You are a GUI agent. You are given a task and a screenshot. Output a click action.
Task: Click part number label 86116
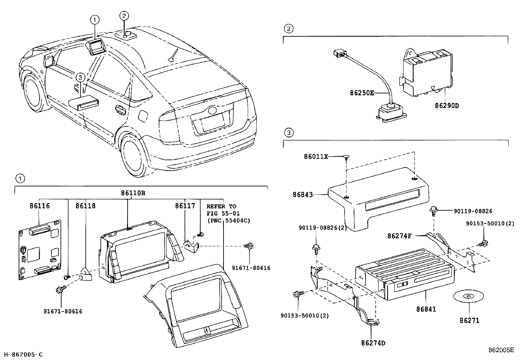39,206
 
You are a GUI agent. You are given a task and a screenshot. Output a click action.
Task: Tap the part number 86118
86,206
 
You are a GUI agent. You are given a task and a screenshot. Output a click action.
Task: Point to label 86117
185,206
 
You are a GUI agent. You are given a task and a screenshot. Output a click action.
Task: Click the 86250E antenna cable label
362,93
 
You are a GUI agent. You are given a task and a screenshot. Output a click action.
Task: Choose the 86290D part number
447,106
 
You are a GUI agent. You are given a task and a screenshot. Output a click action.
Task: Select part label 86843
303,195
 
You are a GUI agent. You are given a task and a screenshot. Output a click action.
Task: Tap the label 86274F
399,236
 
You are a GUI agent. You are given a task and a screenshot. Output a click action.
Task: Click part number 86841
426,309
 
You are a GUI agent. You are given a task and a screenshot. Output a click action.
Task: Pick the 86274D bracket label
373,343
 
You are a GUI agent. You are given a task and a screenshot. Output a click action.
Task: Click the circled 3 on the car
80,78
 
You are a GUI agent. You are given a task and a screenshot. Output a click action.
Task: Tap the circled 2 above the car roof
124,15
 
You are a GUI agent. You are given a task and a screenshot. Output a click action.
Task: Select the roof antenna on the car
173,56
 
